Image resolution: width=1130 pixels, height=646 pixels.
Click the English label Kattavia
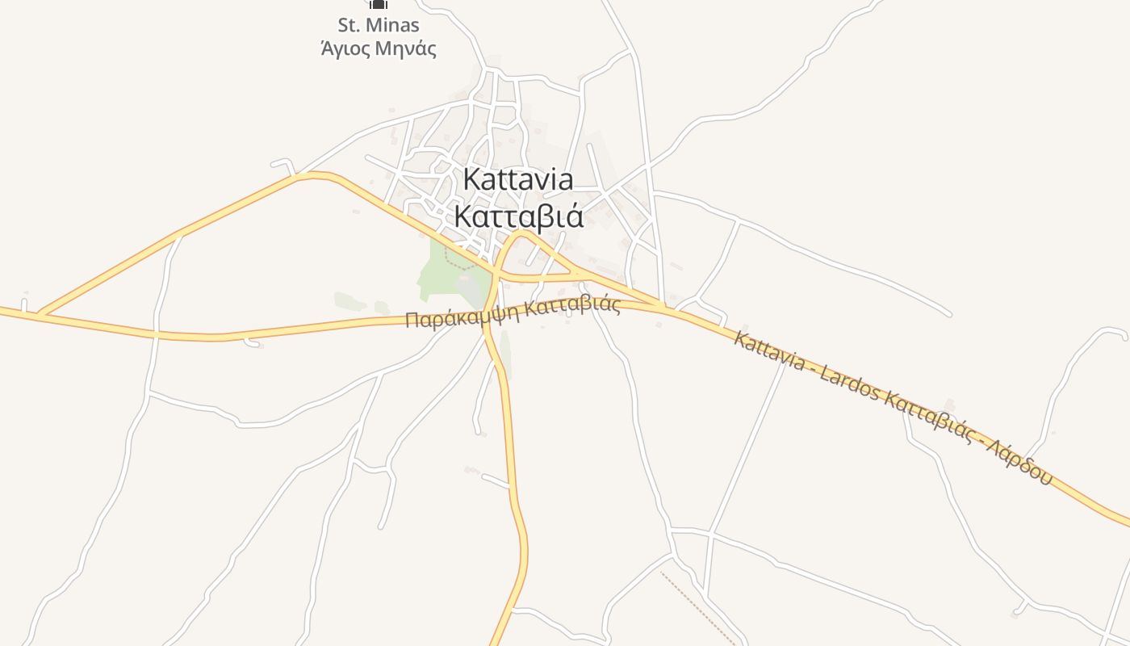pos(518,179)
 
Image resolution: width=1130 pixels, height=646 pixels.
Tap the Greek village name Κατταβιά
pos(518,216)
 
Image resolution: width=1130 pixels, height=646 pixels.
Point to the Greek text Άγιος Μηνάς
pos(379,48)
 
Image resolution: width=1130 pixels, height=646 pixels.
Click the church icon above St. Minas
pos(379,4)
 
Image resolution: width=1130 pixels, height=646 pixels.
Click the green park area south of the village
pos(440,275)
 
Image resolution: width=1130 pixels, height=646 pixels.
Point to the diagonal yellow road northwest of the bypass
pos(178,236)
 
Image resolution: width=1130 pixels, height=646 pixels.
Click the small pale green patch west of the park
pos(350,301)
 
